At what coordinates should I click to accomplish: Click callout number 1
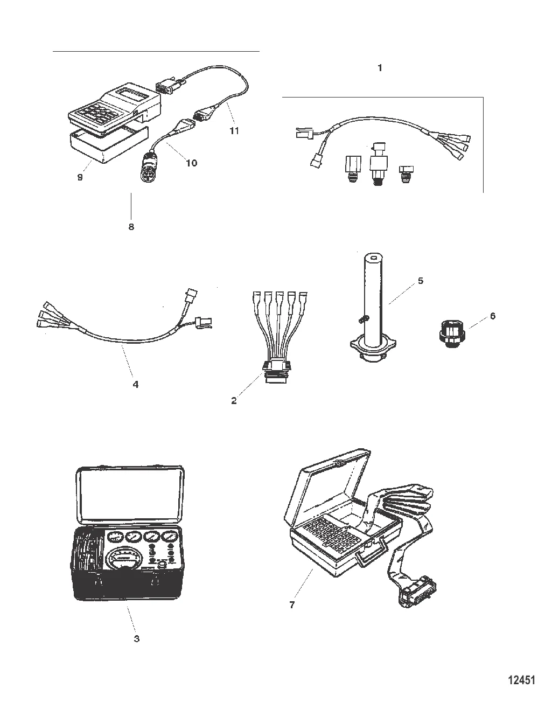(380, 68)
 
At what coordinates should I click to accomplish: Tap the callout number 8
(131, 227)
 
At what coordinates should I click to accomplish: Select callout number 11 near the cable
(234, 131)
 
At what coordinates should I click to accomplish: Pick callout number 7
(292, 605)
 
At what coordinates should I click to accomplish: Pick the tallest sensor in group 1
(378, 164)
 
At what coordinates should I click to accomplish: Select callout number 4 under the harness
(135, 384)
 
